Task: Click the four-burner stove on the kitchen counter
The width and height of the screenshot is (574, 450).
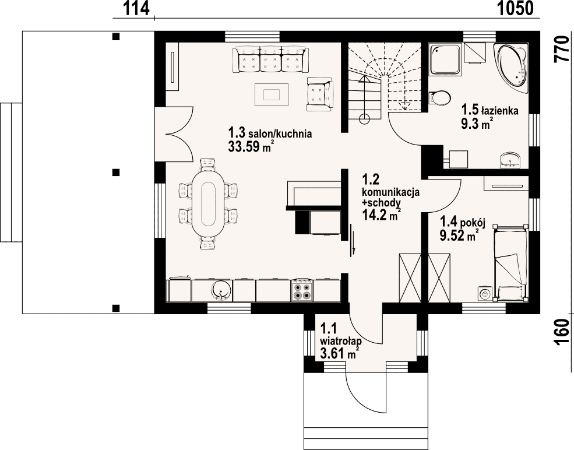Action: click(x=302, y=290)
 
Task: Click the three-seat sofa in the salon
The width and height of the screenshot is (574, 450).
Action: click(x=270, y=59)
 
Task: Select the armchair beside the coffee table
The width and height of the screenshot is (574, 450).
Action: click(x=320, y=94)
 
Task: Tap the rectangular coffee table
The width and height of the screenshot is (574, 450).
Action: click(x=272, y=94)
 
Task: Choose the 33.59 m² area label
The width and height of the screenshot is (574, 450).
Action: click(x=251, y=147)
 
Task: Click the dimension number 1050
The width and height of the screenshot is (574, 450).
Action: click(x=515, y=8)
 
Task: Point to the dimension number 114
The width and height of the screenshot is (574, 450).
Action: click(x=136, y=8)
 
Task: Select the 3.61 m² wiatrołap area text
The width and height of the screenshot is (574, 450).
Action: click(x=339, y=354)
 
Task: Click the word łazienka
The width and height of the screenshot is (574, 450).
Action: click(x=499, y=110)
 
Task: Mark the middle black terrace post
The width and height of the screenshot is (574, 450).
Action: click(x=116, y=172)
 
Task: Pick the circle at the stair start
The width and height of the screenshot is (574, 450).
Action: click(x=364, y=119)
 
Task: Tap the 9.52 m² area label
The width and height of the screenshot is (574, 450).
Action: click(x=459, y=235)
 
